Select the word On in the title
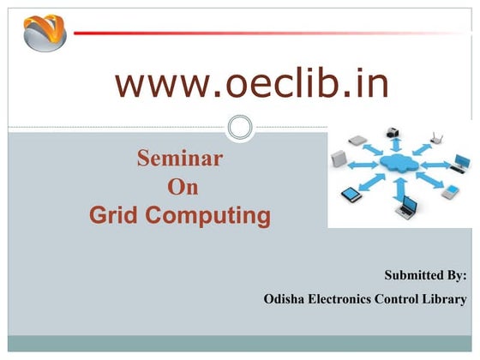(x=181, y=187)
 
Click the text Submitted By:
(x=425, y=275)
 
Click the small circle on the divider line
(x=241, y=129)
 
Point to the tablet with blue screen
(x=352, y=195)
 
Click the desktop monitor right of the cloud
(x=461, y=160)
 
